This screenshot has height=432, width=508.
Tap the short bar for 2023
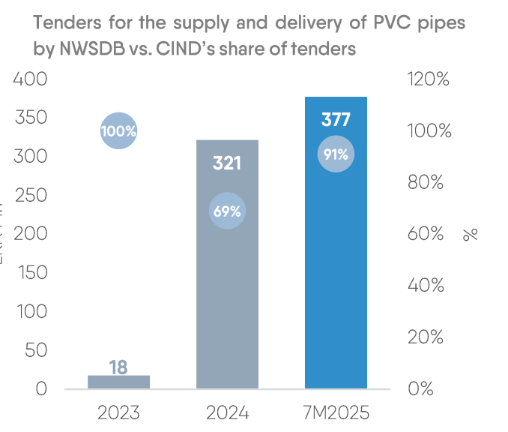click(x=118, y=382)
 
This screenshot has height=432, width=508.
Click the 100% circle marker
click(x=118, y=130)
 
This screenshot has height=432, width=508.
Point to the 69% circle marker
click(x=227, y=211)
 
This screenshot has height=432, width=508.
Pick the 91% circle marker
click(x=335, y=154)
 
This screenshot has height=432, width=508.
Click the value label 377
click(x=335, y=120)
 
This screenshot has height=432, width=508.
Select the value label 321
click(x=227, y=163)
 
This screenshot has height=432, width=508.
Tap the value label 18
click(x=118, y=367)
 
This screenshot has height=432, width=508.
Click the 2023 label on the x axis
click(x=118, y=412)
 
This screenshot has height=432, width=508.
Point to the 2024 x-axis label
click(x=227, y=412)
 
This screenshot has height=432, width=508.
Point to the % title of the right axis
click(x=471, y=234)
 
